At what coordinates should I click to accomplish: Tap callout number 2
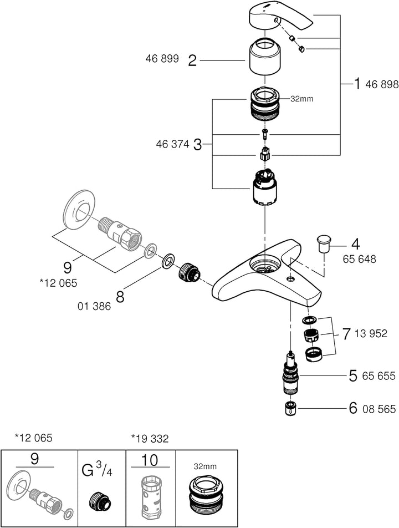(192, 60)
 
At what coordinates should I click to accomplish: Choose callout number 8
(120, 295)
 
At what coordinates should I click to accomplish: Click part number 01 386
(95, 306)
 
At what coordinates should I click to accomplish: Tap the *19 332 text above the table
(150, 438)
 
